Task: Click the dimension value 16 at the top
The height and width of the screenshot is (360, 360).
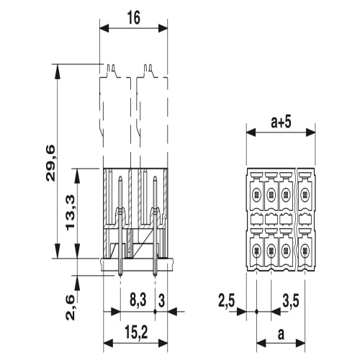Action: [x=134, y=18]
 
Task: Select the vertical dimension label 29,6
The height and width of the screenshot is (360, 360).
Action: [x=50, y=163]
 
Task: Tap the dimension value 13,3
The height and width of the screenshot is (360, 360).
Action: [x=71, y=213]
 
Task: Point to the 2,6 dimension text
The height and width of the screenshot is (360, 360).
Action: [x=71, y=308]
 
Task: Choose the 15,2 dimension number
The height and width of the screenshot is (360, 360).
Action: [x=136, y=333]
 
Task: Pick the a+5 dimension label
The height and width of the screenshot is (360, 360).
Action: [x=281, y=122]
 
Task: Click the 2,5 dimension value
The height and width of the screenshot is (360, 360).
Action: [x=227, y=301]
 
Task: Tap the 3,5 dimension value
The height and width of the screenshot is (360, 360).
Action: [x=291, y=301]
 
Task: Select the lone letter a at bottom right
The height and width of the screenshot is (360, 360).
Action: [x=281, y=334]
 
